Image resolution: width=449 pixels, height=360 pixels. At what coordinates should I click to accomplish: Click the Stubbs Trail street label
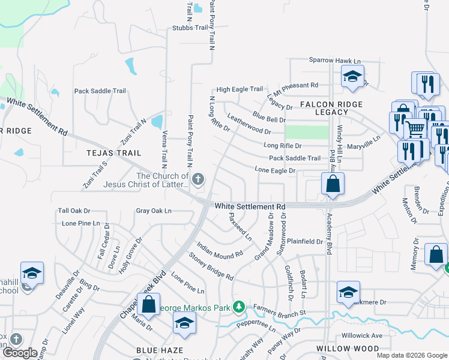coord(189,28)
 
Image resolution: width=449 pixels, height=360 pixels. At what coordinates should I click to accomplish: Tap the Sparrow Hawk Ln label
coord(335,61)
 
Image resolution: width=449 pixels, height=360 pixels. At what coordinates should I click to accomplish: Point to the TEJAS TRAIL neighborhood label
coord(113,153)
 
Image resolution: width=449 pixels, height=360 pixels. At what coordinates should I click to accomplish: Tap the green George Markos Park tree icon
coord(239,308)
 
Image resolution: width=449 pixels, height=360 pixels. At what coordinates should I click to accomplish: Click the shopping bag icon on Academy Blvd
coord(333,184)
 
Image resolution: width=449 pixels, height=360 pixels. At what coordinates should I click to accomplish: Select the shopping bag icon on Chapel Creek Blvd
coord(148,304)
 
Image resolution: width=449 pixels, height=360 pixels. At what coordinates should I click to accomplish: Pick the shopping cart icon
coord(415,128)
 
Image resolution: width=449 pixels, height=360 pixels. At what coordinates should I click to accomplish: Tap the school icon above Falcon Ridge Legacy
coord(352,76)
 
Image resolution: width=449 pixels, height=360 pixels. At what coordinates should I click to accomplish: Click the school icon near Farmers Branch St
coord(348,292)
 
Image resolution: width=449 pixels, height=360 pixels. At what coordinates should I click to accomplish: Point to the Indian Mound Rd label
coord(220,251)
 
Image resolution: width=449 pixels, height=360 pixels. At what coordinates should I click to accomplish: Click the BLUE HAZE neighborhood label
coord(159,350)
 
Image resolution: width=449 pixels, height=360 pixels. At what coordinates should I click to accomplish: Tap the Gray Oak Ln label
coord(154,211)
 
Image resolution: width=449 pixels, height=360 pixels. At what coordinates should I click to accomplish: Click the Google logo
coord(20,353)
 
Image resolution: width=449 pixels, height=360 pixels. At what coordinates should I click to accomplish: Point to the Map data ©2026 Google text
coord(411,355)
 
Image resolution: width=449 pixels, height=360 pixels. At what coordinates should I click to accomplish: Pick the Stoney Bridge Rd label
coord(211,267)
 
